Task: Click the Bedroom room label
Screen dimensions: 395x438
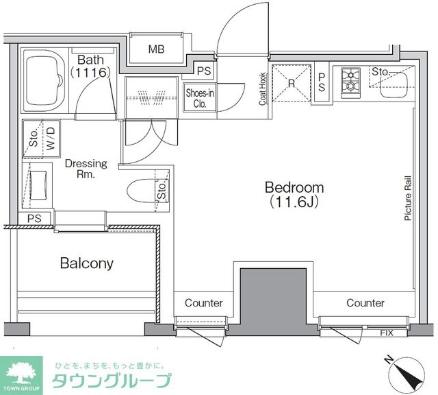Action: (294, 187)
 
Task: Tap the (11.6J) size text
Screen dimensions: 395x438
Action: (295, 202)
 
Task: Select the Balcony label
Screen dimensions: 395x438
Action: (86, 263)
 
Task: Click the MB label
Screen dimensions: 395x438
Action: (157, 49)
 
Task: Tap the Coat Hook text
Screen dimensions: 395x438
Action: (262, 89)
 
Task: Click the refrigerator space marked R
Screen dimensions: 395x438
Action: (291, 83)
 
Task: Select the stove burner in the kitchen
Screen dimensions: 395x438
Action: (350, 80)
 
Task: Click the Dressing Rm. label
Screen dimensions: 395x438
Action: (86, 169)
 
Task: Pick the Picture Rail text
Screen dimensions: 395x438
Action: (407, 197)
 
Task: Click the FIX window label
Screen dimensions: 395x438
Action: (387, 333)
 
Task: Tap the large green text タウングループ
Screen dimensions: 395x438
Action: (112, 381)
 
